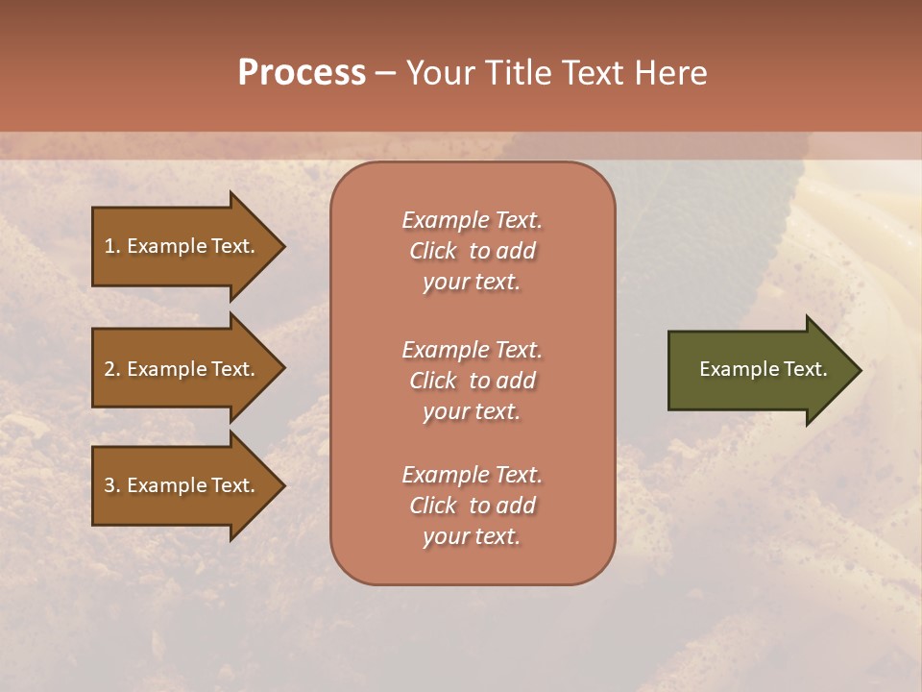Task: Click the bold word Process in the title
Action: tap(302, 73)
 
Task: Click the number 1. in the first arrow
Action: tap(112, 246)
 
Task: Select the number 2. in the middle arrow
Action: tap(112, 369)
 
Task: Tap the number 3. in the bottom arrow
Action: tap(112, 485)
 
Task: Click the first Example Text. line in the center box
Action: tap(472, 220)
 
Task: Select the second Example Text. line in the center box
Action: tap(472, 350)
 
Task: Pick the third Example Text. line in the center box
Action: tap(472, 475)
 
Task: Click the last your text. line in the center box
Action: tap(472, 536)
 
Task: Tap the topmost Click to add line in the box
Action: tap(472, 251)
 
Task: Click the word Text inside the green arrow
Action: tap(805, 369)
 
